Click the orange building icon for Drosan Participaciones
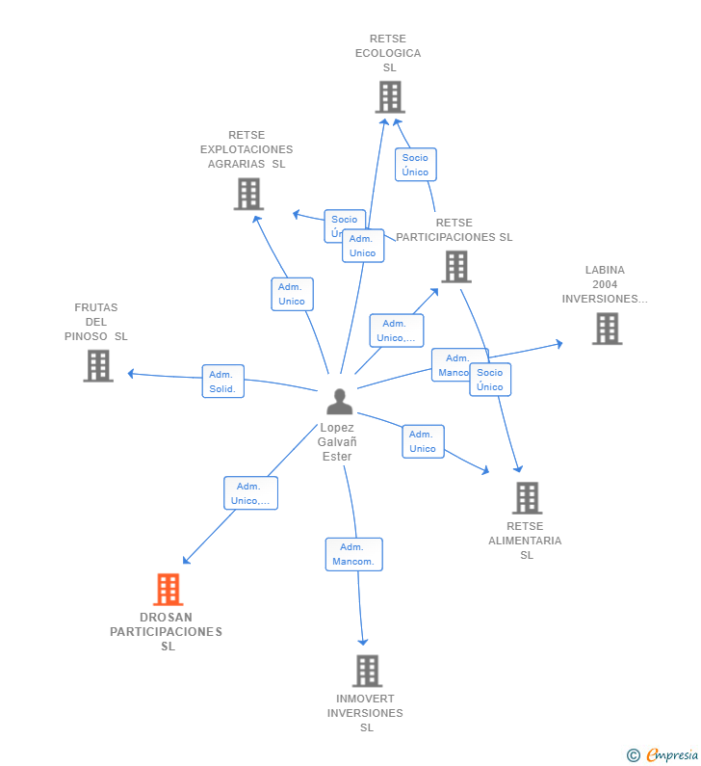tap(169, 589)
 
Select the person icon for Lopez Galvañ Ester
tap(339, 402)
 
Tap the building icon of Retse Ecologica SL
tap(389, 96)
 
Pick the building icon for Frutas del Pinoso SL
tap(98, 366)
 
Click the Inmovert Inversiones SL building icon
tap(367, 671)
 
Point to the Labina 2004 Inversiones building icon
tap(607, 329)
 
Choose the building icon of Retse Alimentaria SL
tap(527, 497)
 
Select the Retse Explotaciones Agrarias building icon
tap(248, 194)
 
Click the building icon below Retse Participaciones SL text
tap(455, 266)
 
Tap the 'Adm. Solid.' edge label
tap(222, 382)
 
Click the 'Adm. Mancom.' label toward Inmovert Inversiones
tap(353, 554)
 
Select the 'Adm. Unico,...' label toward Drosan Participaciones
tap(250, 493)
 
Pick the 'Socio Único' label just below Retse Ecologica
tap(415, 165)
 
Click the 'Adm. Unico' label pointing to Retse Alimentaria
tap(423, 441)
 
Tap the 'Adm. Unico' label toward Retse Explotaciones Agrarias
tap(292, 294)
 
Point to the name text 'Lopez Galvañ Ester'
tap(337, 442)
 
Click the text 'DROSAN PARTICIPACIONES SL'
tap(167, 632)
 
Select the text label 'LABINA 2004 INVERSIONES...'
tap(605, 284)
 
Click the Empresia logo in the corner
tap(662, 754)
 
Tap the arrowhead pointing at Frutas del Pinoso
tap(131, 374)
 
